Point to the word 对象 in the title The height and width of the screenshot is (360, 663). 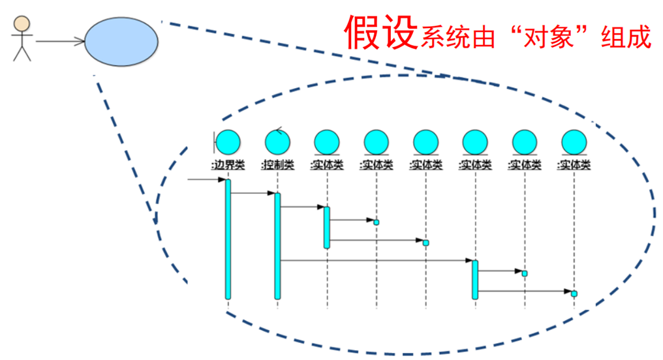(547, 38)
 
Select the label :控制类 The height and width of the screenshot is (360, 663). (277, 165)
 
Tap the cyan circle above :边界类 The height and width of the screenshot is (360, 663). (228, 142)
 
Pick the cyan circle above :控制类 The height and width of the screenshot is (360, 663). (277, 142)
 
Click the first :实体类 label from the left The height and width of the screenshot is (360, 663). (327, 165)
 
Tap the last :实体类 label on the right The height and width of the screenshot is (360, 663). (574, 165)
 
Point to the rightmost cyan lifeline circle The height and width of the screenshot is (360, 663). (574, 142)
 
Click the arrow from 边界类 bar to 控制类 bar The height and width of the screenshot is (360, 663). (253, 193)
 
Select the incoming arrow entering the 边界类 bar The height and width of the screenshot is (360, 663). (206, 179)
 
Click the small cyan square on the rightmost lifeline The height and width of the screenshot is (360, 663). (574, 293)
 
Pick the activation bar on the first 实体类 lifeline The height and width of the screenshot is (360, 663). (327, 227)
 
